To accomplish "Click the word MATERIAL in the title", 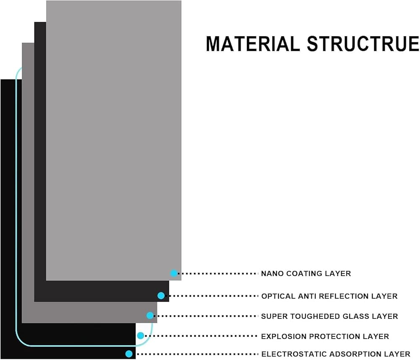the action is (253, 44).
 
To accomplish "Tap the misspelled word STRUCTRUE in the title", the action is (363, 44).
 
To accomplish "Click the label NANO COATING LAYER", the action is (306, 274).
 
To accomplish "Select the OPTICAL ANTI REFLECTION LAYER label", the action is (329, 296).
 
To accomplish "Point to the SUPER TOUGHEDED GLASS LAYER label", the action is (329, 316).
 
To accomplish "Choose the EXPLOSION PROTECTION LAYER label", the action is (325, 336).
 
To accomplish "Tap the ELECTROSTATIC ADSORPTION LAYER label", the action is (336, 354).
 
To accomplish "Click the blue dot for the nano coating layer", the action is (174, 273).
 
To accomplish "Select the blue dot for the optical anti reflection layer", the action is (161, 295).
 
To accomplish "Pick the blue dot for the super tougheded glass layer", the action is (150, 316).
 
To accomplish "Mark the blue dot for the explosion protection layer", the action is (140, 336).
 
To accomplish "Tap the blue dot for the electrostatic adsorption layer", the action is (129, 354).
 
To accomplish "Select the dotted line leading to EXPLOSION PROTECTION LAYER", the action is (201, 336).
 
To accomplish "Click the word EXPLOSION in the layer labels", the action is (283, 336).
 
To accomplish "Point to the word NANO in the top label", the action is (273, 274).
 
